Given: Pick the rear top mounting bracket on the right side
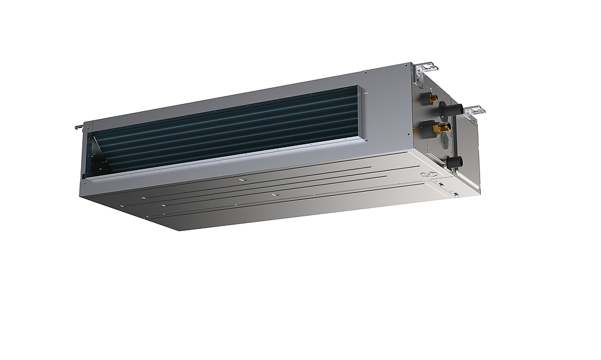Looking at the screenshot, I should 426,67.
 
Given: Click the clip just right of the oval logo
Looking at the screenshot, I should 441,184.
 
